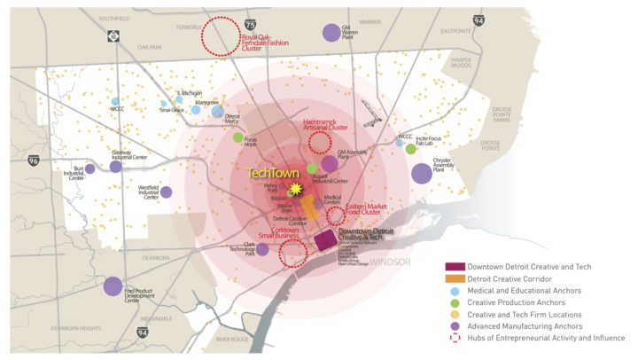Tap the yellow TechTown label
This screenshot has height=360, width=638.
(x=274, y=173)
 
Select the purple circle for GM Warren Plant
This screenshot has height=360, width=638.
(x=331, y=33)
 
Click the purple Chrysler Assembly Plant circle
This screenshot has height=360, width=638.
(x=422, y=171)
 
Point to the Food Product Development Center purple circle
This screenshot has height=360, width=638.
(x=113, y=286)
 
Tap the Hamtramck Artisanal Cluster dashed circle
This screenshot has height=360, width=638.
(x=318, y=141)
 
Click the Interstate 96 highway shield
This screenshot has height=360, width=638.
(x=34, y=161)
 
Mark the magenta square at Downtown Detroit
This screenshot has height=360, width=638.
(x=325, y=240)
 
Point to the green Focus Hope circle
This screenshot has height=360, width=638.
(x=237, y=137)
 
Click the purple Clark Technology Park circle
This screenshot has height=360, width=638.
(x=262, y=249)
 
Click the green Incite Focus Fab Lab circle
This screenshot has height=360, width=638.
(x=411, y=149)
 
